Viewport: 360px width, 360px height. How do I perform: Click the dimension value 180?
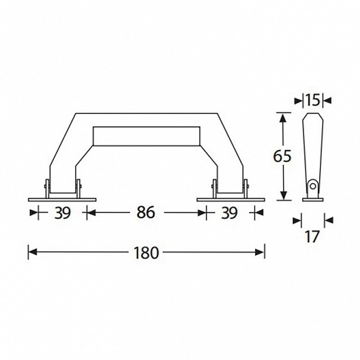tap(146, 253)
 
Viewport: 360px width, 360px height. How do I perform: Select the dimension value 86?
tap(146, 212)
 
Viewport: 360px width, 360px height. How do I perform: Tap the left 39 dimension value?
tap(62, 213)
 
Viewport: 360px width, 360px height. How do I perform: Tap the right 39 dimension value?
tap(229, 213)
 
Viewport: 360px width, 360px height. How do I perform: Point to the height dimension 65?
tap(282, 156)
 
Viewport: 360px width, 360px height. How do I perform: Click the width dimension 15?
tap(313, 100)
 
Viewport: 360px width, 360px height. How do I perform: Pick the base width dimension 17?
tap(312, 236)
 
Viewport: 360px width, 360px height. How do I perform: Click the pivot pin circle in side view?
tap(313, 186)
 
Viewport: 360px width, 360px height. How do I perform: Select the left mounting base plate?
tap(62, 200)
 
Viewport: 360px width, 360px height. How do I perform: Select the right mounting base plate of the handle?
tap(231, 200)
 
